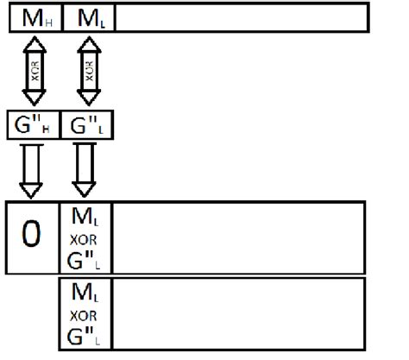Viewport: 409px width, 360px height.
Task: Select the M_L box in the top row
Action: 89,17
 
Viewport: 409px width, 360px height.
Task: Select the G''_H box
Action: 31,125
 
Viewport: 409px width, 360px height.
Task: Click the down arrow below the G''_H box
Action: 31,169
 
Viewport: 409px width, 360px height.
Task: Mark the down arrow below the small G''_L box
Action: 85,169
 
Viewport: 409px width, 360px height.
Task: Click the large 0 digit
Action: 31,235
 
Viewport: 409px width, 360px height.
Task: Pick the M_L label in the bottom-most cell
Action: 85,294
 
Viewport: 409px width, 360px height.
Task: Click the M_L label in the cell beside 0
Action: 85,217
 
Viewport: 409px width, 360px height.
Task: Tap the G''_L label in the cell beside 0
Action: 85,256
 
